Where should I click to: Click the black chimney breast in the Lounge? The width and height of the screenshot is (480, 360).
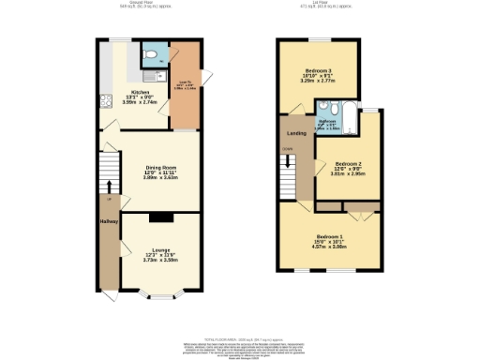[x=160, y=217]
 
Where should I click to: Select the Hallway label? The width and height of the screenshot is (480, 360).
[x=108, y=221]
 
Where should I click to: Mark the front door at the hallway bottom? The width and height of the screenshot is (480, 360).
[x=111, y=294]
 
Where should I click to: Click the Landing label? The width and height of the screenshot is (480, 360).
[x=293, y=133]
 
